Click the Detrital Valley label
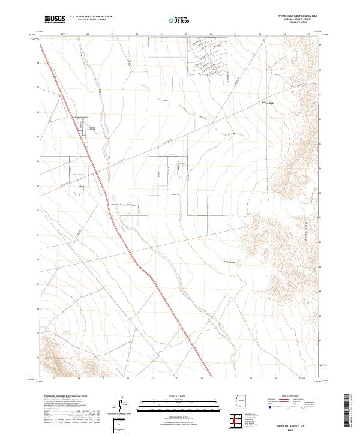point(124,205)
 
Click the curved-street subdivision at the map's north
point(210,57)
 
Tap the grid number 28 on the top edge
point(88,34)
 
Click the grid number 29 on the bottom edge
point(103,379)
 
